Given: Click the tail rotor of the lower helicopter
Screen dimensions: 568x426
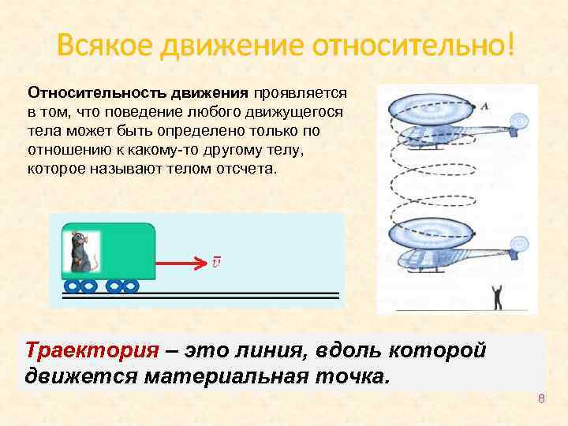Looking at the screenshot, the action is tap(519, 245).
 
